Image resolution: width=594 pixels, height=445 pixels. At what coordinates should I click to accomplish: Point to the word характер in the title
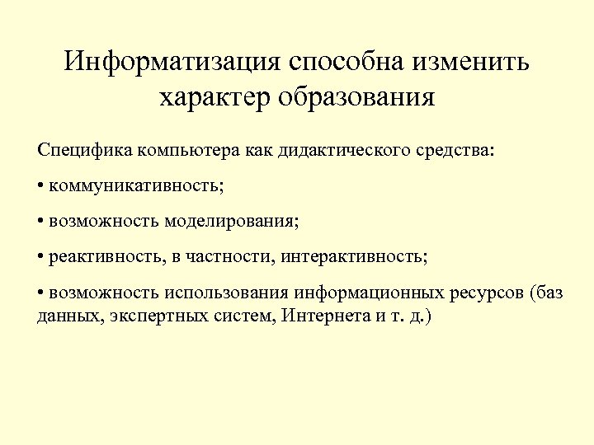coord(212,98)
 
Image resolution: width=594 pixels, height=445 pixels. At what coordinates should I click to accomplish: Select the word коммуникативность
coord(134,186)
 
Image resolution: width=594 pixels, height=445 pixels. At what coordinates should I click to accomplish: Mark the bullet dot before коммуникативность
coord(40,186)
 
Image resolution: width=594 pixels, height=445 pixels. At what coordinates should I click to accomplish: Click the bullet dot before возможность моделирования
coord(40,222)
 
